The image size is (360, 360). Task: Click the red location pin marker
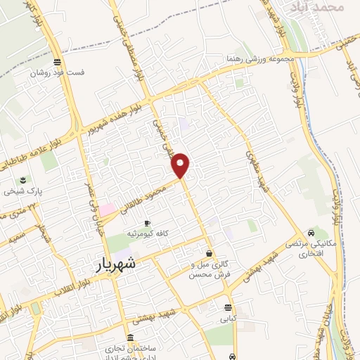(x=181, y=165)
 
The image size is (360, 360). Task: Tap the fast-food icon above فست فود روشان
(x=56, y=60)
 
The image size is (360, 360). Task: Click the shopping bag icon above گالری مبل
(x=209, y=253)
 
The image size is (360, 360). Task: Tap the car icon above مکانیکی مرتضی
(x=310, y=232)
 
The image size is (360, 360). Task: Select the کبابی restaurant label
(x=227, y=319)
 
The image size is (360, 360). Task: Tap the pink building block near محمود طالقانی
(x=106, y=210)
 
